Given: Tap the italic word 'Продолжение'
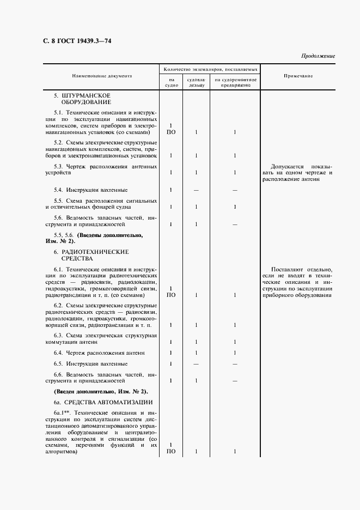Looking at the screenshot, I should pos(318,56).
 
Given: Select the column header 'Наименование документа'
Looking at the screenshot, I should pos(102,76).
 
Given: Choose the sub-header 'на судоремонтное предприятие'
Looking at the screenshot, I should pos(235,83).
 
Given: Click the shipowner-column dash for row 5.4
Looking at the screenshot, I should pos(196,190).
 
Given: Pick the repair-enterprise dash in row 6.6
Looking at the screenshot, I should pos(235,380).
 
